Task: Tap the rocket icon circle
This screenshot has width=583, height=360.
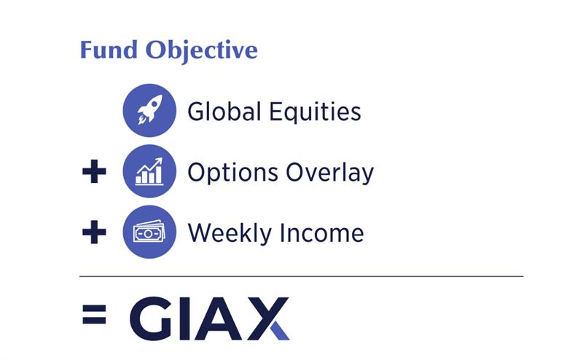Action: tap(149, 111)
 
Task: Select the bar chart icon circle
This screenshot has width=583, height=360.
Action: tap(149, 172)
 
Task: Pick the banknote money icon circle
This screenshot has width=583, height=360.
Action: tap(149, 232)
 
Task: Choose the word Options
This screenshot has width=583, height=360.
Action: tap(227, 173)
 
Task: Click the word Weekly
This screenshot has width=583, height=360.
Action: tap(227, 233)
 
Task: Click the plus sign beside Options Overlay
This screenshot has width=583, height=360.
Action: tap(93, 173)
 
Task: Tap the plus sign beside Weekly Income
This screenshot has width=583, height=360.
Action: tap(93, 233)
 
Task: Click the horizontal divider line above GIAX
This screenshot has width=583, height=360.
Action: tap(301, 276)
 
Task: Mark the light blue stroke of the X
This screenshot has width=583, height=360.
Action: tap(281, 329)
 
